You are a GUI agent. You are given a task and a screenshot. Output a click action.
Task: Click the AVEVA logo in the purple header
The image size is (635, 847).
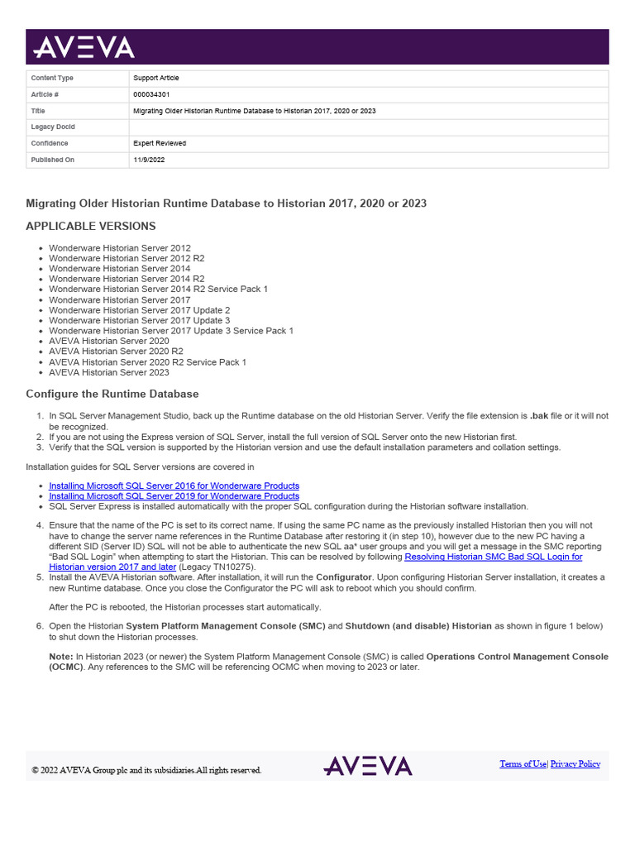tap(83, 48)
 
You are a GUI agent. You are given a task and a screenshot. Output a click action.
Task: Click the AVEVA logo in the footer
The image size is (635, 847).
tap(367, 766)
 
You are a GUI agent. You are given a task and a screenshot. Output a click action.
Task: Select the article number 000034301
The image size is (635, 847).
tap(151, 94)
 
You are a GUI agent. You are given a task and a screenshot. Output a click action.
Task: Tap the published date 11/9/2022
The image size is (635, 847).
tap(149, 160)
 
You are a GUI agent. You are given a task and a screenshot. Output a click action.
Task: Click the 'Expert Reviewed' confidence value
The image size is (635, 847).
tap(160, 143)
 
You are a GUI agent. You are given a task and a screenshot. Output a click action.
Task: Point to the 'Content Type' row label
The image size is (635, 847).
tap(52, 78)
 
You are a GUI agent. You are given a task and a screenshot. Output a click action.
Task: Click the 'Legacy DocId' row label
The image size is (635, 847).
tap(53, 127)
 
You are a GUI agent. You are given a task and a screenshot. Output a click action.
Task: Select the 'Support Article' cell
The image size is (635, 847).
tap(155, 78)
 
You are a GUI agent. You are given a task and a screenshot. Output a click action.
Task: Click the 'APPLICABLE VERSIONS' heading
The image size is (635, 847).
tap(90, 226)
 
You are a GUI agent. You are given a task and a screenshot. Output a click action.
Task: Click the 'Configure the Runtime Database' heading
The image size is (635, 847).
tap(112, 394)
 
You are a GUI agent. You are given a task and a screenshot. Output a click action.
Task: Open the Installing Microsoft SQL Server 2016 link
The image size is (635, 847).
tap(174, 486)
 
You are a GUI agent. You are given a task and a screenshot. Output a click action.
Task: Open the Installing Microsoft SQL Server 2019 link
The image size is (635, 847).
tap(174, 495)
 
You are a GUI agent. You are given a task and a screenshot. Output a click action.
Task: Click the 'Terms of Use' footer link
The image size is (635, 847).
tap(523, 764)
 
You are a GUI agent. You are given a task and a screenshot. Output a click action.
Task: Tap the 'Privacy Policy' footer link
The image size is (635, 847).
tap(575, 764)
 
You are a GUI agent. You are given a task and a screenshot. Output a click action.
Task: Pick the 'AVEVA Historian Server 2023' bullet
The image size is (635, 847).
tap(108, 372)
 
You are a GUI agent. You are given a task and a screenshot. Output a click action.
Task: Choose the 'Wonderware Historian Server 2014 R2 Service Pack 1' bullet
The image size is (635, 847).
tap(158, 290)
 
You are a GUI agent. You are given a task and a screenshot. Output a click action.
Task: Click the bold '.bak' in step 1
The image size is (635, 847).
tap(538, 416)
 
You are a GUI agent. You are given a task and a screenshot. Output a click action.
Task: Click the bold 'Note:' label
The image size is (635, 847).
tap(61, 656)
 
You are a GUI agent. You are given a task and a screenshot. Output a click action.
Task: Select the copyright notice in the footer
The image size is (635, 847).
tap(146, 770)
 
